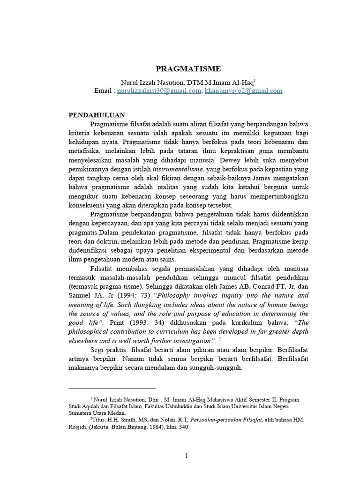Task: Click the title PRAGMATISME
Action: point(181,68)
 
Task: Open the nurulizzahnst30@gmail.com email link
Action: point(158,91)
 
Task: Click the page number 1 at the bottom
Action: point(186,457)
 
